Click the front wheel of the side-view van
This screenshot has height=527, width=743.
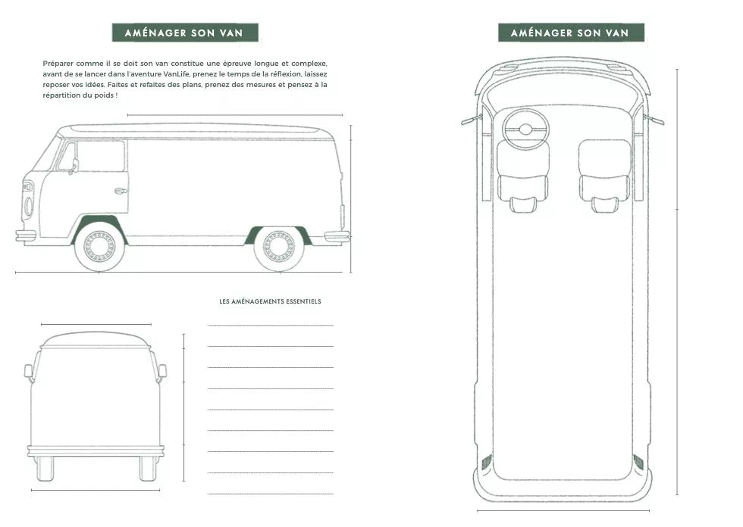(99, 247)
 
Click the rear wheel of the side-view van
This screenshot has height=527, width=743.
(279, 248)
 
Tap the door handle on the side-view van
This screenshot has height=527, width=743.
(121, 191)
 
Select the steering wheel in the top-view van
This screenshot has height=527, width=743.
(525, 129)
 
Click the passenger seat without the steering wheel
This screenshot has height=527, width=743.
(605, 175)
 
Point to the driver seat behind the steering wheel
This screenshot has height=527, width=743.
(524, 176)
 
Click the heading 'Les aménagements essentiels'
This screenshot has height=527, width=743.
(270, 301)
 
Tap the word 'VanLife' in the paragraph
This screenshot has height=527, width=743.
(177, 73)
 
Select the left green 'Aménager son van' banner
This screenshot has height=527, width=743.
(185, 33)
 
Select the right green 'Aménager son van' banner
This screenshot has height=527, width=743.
(571, 33)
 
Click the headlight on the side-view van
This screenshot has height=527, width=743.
(29, 207)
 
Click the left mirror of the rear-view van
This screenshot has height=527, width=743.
(30, 372)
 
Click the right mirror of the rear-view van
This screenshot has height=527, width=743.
(161, 371)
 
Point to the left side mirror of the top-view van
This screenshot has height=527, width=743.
(472, 119)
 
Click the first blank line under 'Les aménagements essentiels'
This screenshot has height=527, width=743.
(270, 326)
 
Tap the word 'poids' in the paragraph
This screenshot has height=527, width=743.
(104, 95)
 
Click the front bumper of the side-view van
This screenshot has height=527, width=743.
(26, 235)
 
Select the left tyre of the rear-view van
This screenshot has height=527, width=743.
(45, 469)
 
